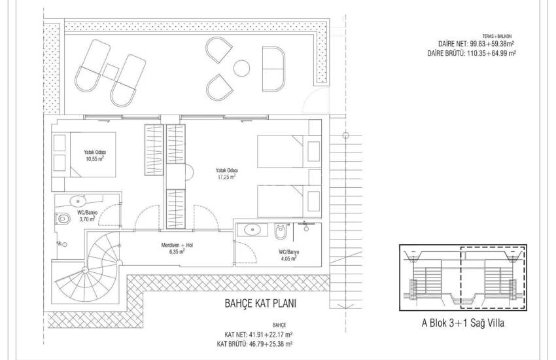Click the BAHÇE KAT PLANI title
[x=260, y=304]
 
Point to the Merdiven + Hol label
[x=177, y=248]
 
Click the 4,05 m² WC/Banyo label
[x=288, y=255]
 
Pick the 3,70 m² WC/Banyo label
[x=87, y=216]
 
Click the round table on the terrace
[x=242, y=67]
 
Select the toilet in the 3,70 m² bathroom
[x=62, y=218]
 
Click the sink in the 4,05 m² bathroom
[x=252, y=230]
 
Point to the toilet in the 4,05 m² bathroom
[x=281, y=231]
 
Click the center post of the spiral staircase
[x=84, y=270]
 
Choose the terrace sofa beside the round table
[x=273, y=69]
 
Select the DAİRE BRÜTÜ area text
[x=472, y=54]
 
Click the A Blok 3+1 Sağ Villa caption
[x=462, y=323]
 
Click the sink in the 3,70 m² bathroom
[x=78, y=202]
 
